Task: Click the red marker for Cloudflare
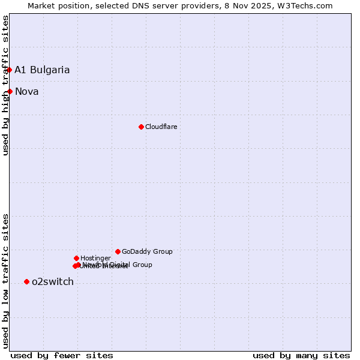[x=141, y=127]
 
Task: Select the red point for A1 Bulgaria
[x=9, y=70]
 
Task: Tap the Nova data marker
[x=10, y=91]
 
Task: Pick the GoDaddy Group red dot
[x=118, y=251]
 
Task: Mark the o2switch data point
[x=26, y=281]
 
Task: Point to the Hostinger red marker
[x=76, y=258]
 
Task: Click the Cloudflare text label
[x=161, y=127]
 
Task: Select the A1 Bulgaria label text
[x=42, y=70]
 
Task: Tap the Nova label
[x=27, y=91]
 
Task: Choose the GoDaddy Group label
[x=147, y=251]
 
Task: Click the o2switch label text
[x=53, y=281]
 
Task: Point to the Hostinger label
[x=95, y=258]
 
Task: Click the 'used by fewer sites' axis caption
[x=62, y=355]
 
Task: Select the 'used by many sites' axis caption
[x=301, y=355]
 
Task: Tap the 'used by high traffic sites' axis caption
[x=5, y=85]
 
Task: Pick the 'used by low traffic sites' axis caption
[x=5, y=280]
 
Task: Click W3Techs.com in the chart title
[x=307, y=5]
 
